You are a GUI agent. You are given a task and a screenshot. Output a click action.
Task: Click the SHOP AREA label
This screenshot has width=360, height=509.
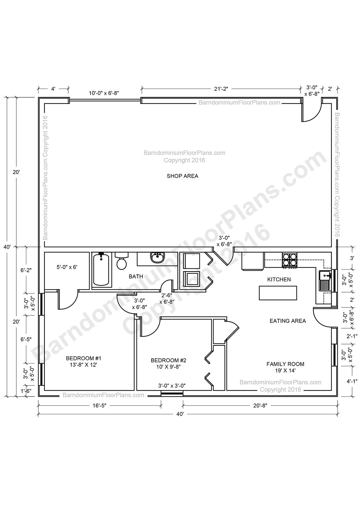point(182,176)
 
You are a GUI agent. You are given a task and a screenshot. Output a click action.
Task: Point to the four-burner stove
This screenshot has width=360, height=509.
point(290,260)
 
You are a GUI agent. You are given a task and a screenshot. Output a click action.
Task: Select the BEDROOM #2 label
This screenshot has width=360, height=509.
point(168,363)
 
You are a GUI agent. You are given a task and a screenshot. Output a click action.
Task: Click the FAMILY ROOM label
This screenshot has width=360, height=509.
point(285,367)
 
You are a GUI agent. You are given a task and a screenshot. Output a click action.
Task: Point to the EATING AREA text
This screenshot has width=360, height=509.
point(288,321)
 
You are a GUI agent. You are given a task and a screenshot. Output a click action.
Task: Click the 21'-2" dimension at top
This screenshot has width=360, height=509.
point(221,89)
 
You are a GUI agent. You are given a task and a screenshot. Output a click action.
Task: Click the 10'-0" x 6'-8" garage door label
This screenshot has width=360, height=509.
point(104,93)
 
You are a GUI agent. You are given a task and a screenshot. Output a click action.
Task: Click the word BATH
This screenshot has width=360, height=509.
point(136,277)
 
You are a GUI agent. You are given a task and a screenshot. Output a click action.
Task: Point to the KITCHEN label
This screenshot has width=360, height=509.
point(279,279)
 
